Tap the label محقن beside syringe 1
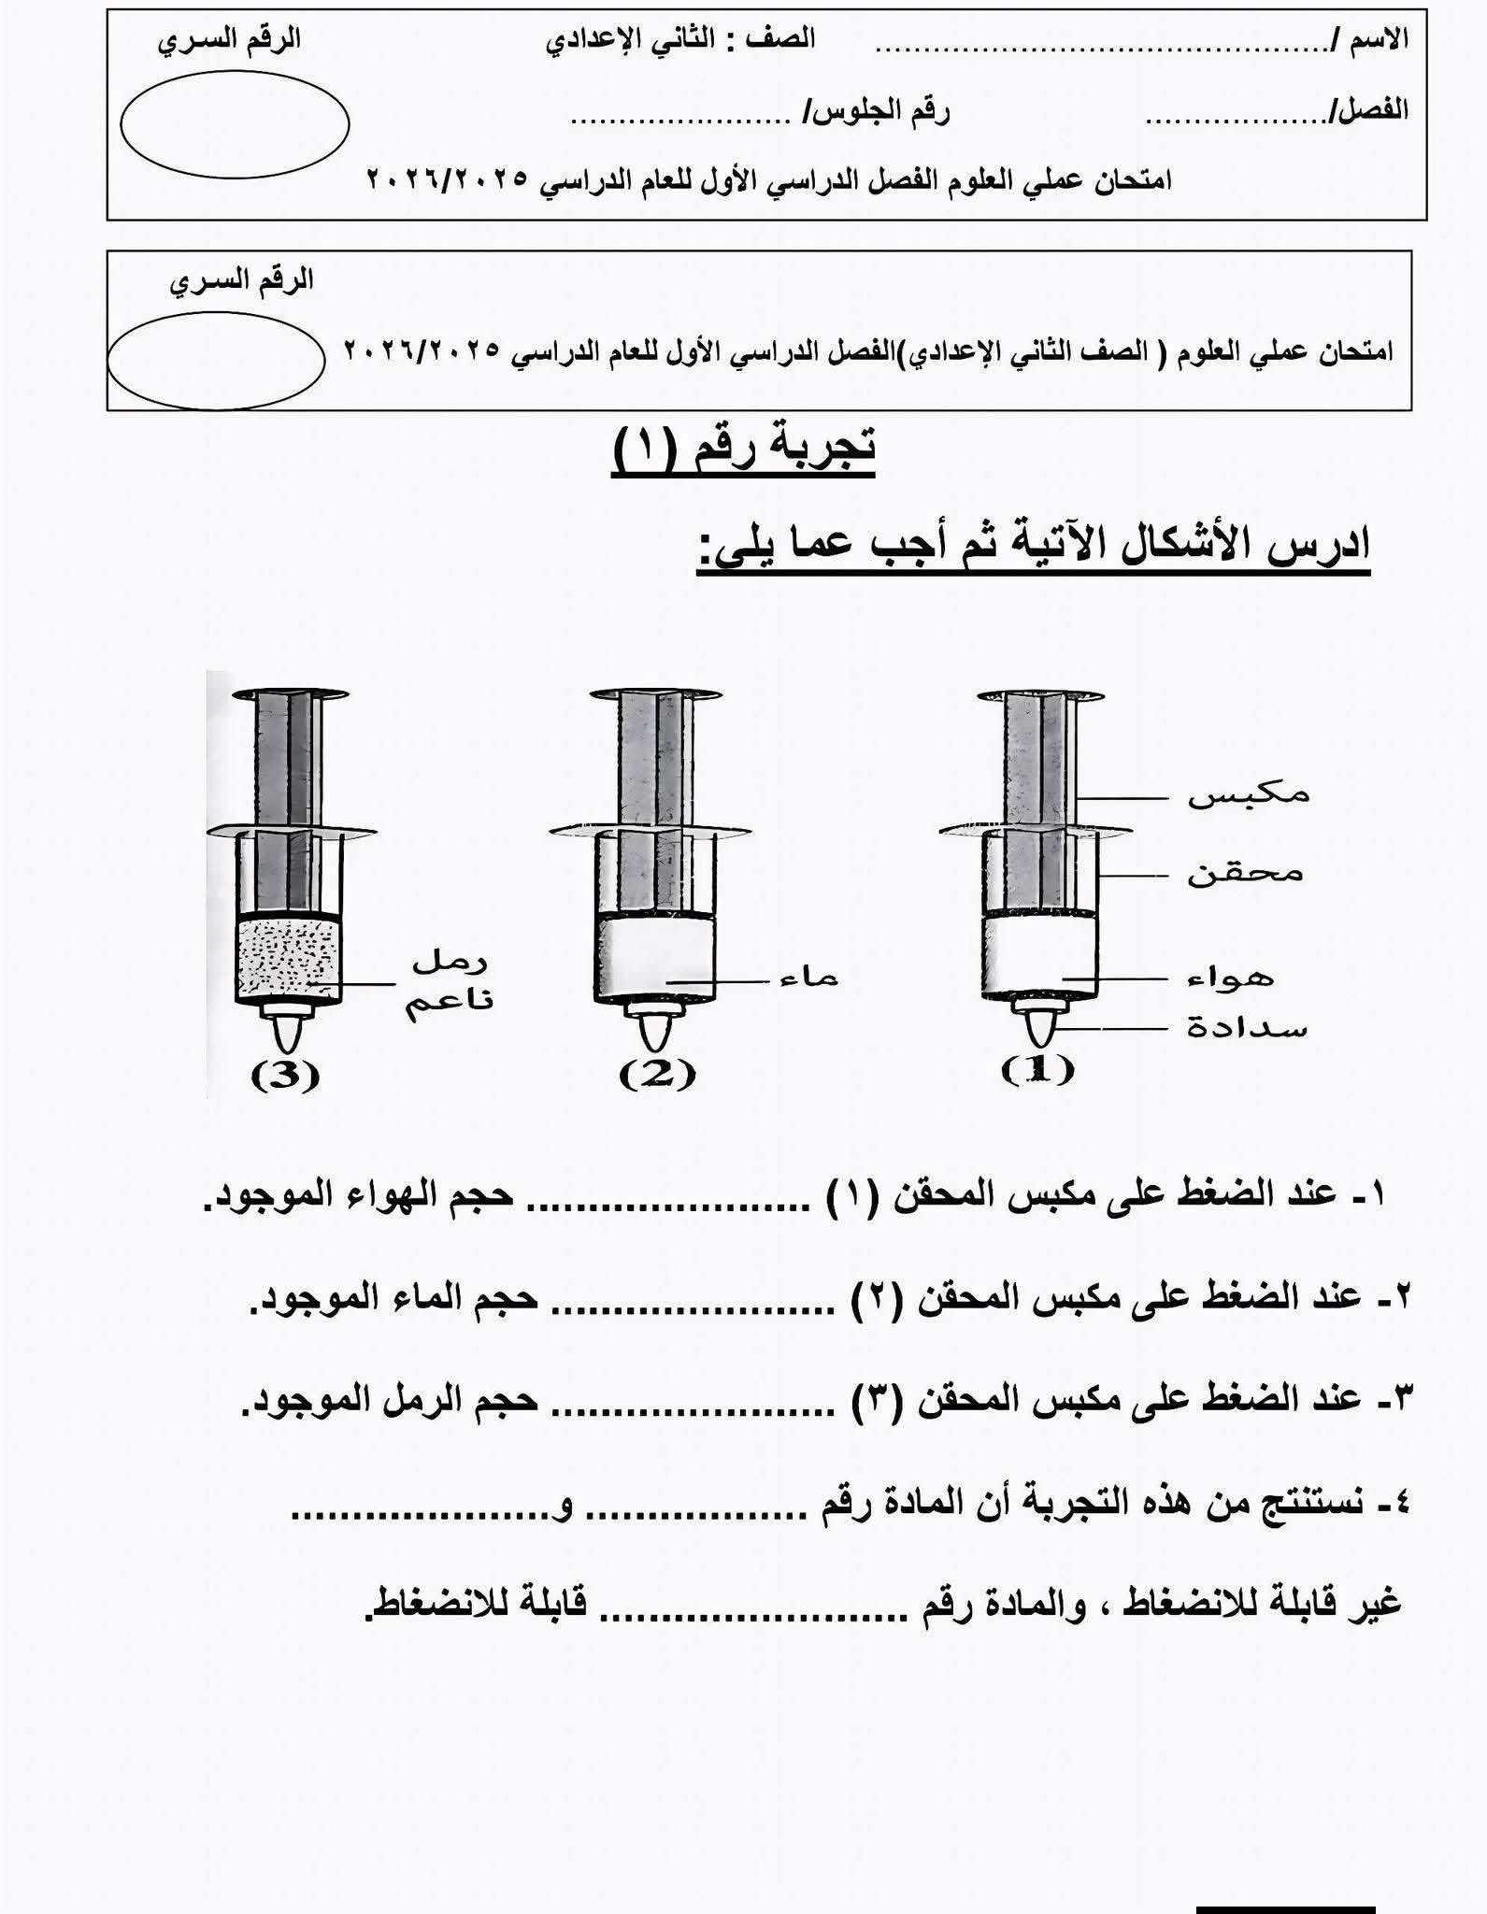click(1245, 874)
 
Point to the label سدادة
click(1247, 1029)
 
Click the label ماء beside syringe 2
click(809, 978)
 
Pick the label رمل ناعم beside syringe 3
click(449, 981)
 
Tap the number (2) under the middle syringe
click(657, 1074)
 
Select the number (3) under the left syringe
click(285, 1076)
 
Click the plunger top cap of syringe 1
click(1040, 696)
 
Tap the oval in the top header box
click(235, 124)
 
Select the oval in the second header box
click(216, 362)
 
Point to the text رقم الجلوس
click(879, 112)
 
